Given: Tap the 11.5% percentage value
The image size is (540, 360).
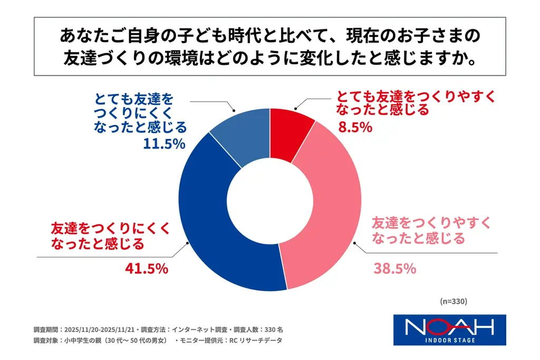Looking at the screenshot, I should [x=164, y=143].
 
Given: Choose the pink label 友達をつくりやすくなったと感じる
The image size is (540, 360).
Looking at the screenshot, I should [x=427, y=230].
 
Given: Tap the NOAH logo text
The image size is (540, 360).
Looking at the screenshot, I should [x=449, y=327].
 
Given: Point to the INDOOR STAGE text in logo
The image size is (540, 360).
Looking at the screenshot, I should [x=450, y=340].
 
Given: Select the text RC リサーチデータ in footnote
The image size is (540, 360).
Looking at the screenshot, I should [x=255, y=340].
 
